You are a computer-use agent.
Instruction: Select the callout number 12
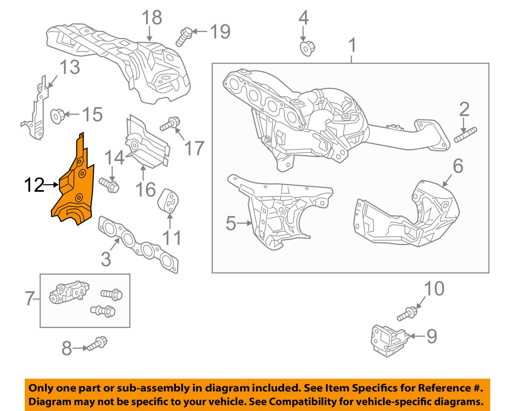tap(34, 185)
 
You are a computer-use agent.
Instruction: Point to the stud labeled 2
tap(466, 135)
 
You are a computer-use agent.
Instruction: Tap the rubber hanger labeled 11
tap(169, 201)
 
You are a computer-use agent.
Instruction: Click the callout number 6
tap(458, 166)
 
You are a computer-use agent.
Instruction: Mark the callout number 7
tap(30, 299)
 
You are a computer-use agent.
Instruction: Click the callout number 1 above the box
tap(352, 46)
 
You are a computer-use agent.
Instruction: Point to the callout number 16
tap(146, 189)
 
